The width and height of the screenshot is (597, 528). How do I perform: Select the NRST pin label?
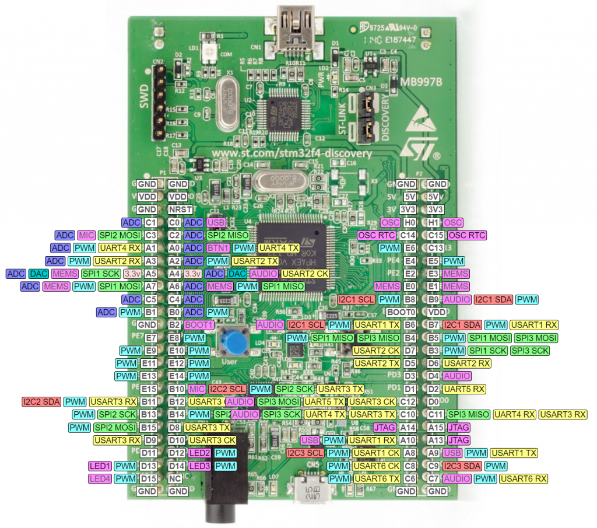(178, 209)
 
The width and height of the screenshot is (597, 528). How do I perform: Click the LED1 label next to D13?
(99, 466)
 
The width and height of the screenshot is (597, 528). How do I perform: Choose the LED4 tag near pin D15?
(99, 478)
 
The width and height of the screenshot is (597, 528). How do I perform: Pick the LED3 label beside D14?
(199, 466)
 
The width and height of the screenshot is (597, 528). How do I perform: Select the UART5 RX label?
(464, 389)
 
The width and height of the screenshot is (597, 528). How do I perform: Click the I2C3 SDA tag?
(462, 466)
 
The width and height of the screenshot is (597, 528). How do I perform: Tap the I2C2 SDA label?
(41, 401)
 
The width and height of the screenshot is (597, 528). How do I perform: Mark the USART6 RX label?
(524, 478)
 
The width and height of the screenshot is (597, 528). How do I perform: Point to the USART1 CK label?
(376, 453)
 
